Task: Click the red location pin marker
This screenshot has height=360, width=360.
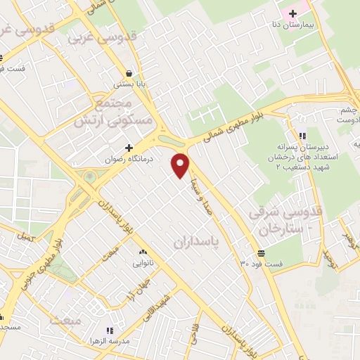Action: click(181, 165)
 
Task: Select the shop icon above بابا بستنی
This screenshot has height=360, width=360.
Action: click(129, 73)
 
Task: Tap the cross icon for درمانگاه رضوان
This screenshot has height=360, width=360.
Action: click(129, 147)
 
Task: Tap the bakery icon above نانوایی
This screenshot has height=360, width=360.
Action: click(143, 252)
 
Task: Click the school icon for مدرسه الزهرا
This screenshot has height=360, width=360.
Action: click(110, 329)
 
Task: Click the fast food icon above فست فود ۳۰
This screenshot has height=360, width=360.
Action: click(262, 253)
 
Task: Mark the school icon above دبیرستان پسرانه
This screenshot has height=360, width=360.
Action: click(302, 136)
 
